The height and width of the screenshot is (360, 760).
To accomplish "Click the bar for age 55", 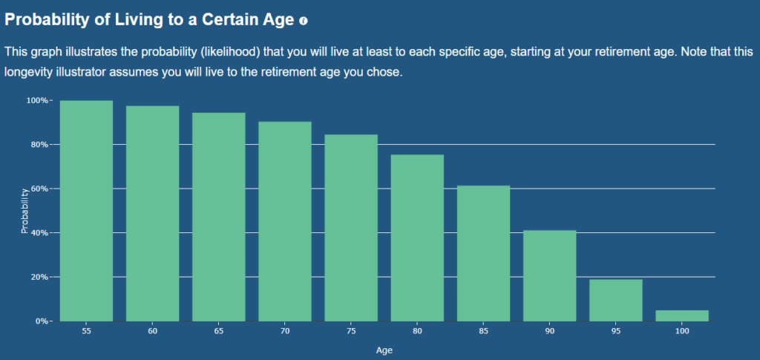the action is click(86, 211).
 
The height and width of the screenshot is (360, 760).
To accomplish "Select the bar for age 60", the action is click(153, 213).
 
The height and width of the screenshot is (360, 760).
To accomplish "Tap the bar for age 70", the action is click(285, 221).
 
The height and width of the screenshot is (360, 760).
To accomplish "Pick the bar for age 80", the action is click(417, 238).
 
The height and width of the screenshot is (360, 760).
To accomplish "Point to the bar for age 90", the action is click(550, 275).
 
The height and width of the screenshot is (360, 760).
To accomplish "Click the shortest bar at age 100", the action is click(682, 315).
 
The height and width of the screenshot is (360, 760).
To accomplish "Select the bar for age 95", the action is click(616, 301).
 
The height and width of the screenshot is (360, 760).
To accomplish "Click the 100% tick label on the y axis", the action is click(37, 100).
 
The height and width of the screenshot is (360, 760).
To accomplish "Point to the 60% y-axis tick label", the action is click(39, 189).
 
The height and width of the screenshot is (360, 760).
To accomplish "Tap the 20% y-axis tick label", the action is click(39, 277).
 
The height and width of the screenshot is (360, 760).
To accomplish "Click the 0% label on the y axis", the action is click(42, 321).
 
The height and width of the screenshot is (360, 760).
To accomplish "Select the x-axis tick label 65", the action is click(219, 332).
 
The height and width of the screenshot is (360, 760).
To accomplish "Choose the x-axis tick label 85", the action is click(484, 332).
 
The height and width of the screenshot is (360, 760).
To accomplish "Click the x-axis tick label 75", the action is click(351, 332).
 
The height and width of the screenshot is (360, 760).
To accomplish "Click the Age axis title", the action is click(384, 350).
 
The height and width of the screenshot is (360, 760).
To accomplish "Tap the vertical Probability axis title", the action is click(24, 211).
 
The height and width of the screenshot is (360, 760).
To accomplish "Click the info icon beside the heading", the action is click(304, 21).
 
